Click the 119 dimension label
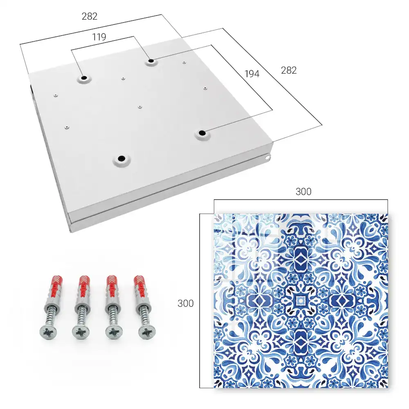point(99,37)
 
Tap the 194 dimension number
point(252,74)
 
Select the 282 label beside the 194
point(289,70)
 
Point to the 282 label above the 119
point(90,16)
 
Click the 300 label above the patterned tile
point(303,192)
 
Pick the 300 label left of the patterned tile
point(185,303)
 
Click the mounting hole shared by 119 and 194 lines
point(151,61)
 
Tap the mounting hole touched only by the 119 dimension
point(84,78)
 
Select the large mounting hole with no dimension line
point(121,158)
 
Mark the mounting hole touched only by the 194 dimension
point(202,133)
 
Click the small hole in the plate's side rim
point(267,157)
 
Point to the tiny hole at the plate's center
point(140,107)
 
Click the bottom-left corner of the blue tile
point(214,388)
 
